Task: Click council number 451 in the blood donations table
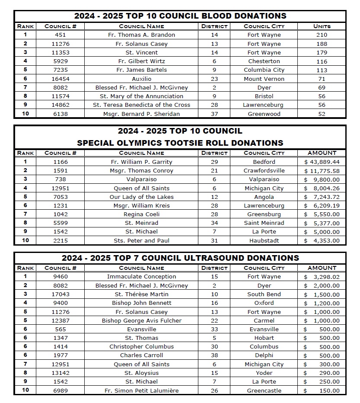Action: click(61, 35)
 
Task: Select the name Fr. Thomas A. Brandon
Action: click(141, 35)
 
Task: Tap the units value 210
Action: click(322, 35)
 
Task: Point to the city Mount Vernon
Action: click(264, 79)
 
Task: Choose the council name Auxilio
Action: click(141, 79)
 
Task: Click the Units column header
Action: click(322, 26)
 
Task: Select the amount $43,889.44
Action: click(322, 162)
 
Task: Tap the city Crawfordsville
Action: click(264, 171)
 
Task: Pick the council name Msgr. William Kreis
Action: click(141, 206)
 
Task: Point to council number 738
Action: click(61, 179)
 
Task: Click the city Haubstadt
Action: click(264, 241)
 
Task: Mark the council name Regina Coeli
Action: click(141, 214)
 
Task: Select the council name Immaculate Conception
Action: click(141, 277)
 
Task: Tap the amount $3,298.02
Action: click(322, 277)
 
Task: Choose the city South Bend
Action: click(264, 294)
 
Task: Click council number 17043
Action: click(61, 294)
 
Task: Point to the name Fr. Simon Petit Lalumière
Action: click(141, 391)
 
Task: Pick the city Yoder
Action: click(264, 373)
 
